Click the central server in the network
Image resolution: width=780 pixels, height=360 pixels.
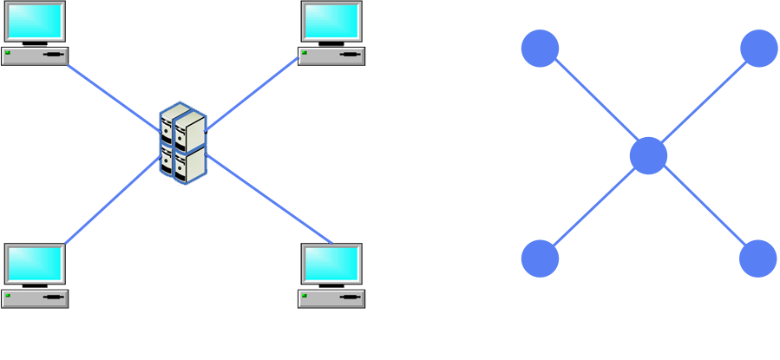pos(183,142)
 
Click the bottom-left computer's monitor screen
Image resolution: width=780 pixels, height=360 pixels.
pos(35,264)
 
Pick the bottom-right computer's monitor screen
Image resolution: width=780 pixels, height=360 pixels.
pos(331,264)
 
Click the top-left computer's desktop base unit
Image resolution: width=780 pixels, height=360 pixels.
pos(35,56)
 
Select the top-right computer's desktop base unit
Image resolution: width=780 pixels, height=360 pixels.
pos(331,56)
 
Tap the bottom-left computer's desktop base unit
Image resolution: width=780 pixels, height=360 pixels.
pos(35,299)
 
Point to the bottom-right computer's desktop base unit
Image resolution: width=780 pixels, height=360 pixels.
pos(331,299)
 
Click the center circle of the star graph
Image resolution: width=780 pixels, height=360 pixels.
pos(648,156)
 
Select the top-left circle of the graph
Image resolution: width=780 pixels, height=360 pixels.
pos(540,48)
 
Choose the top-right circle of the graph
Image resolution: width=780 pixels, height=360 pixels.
pos(759,48)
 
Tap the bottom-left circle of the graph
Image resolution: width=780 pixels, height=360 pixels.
pos(540,259)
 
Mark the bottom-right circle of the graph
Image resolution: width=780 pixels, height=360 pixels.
pos(758,259)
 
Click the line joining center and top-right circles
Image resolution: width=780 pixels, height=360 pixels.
pos(703,102)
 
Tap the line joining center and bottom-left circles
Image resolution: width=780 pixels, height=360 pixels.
pos(594,207)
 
